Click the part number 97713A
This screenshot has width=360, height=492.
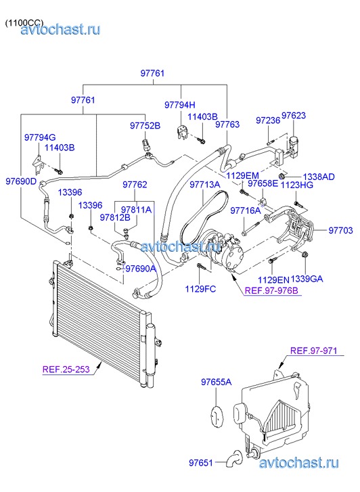204,185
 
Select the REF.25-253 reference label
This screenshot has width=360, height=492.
66,369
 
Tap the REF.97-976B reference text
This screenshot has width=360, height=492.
271,290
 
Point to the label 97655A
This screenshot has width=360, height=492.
217,382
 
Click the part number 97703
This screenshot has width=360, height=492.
340,230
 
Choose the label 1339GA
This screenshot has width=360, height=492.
307,279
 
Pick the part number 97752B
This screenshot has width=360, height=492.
145,125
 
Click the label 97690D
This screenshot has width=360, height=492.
21,181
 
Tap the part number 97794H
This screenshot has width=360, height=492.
180,105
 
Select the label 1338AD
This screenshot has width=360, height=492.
318,177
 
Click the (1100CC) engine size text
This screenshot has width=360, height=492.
24,23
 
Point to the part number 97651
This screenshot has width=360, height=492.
201,462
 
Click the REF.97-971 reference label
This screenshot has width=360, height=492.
313,351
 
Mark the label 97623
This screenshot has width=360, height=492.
294,116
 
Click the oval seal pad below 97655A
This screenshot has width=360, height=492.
217,416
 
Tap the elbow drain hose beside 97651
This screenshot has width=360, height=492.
234,458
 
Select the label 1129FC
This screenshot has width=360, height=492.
200,289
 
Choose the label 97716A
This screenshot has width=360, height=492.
246,210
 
